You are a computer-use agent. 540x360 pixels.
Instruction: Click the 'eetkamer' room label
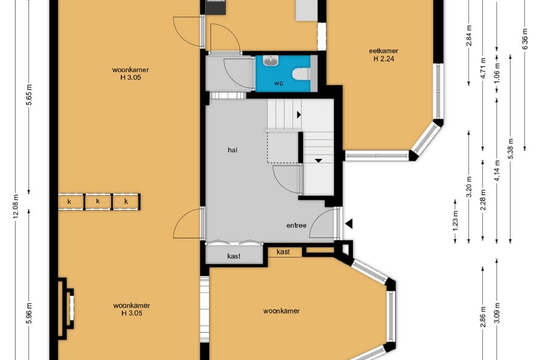[x=383, y=51]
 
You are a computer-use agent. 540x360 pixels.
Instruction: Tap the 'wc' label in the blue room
[x=278, y=83]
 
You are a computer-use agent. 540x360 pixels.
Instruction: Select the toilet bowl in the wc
[x=301, y=74]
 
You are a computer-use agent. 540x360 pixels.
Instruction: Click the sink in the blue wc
[x=271, y=61]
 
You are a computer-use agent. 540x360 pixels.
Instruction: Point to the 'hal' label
[x=232, y=150]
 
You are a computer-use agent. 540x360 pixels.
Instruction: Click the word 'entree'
[x=296, y=226]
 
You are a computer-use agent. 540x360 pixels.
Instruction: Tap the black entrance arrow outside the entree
[x=349, y=224]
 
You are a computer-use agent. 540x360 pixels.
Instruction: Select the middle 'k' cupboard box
[x=98, y=202]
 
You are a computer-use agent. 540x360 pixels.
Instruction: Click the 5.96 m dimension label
[x=29, y=313]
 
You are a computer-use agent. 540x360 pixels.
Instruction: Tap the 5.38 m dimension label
[x=511, y=148]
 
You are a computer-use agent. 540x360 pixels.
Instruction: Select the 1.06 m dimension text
[x=497, y=73]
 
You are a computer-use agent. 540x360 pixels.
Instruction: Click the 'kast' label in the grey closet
[x=234, y=256]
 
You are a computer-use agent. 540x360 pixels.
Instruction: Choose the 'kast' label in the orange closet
[x=283, y=252]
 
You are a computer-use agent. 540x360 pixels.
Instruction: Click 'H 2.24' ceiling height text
[x=383, y=59]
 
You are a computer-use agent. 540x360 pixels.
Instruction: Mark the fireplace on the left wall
[x=65, y=308]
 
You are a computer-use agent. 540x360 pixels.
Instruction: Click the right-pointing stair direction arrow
[x=299, y=115]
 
